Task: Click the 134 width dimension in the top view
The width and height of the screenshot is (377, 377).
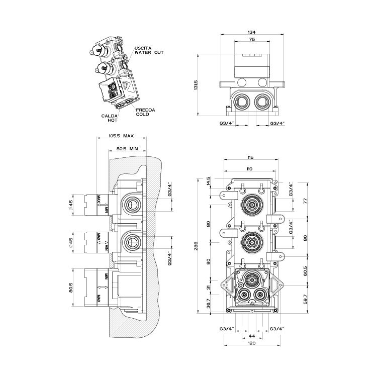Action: pos(251,33)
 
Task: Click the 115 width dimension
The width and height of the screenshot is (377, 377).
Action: pos(250,158)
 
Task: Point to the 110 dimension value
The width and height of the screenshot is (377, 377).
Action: pos(250,168)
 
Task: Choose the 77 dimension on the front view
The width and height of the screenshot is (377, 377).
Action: pos(305,200)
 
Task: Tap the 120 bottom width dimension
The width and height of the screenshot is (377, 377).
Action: pos(251,343)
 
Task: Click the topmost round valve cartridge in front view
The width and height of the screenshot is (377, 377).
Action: pos(251,204)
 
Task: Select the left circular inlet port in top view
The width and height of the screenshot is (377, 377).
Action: pos(241,103)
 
